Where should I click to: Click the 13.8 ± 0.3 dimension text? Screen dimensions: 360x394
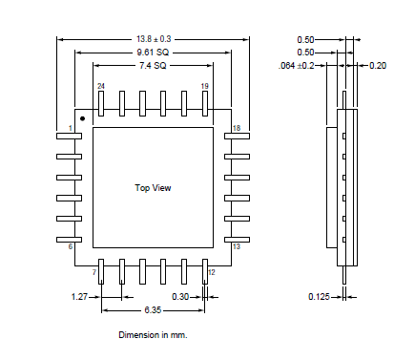click(x=153, y=39)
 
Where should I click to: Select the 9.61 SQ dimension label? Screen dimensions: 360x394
click(x=153, y=53)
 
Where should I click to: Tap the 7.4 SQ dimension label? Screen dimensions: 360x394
click(x=153, y=66)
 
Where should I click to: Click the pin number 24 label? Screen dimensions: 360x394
click(x=100, y=86)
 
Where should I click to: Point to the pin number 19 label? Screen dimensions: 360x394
click(x=204, y=86)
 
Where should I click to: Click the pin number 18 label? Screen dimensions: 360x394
click(x=236, y=128)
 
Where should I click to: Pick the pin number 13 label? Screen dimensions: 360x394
click(x=236, y=247)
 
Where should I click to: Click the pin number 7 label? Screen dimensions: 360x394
click(x=94, y=273)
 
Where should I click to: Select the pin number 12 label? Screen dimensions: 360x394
click(x=211, y=273)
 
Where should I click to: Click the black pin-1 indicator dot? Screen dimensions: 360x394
click(x=83, y=118)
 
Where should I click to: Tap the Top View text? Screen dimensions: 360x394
click(x=153, y=188)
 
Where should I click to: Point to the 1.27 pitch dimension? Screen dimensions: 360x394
click(x=80, y=297)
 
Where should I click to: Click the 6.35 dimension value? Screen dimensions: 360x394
click(x=153, y=310)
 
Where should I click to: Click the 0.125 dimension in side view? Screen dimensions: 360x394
click(x=320, y=297)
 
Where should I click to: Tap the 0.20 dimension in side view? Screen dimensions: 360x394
click(x=378, y=66)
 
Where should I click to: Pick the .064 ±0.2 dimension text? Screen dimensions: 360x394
click(x=300, y=66)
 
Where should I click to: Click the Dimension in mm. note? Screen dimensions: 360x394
click(x=153, y=335)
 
